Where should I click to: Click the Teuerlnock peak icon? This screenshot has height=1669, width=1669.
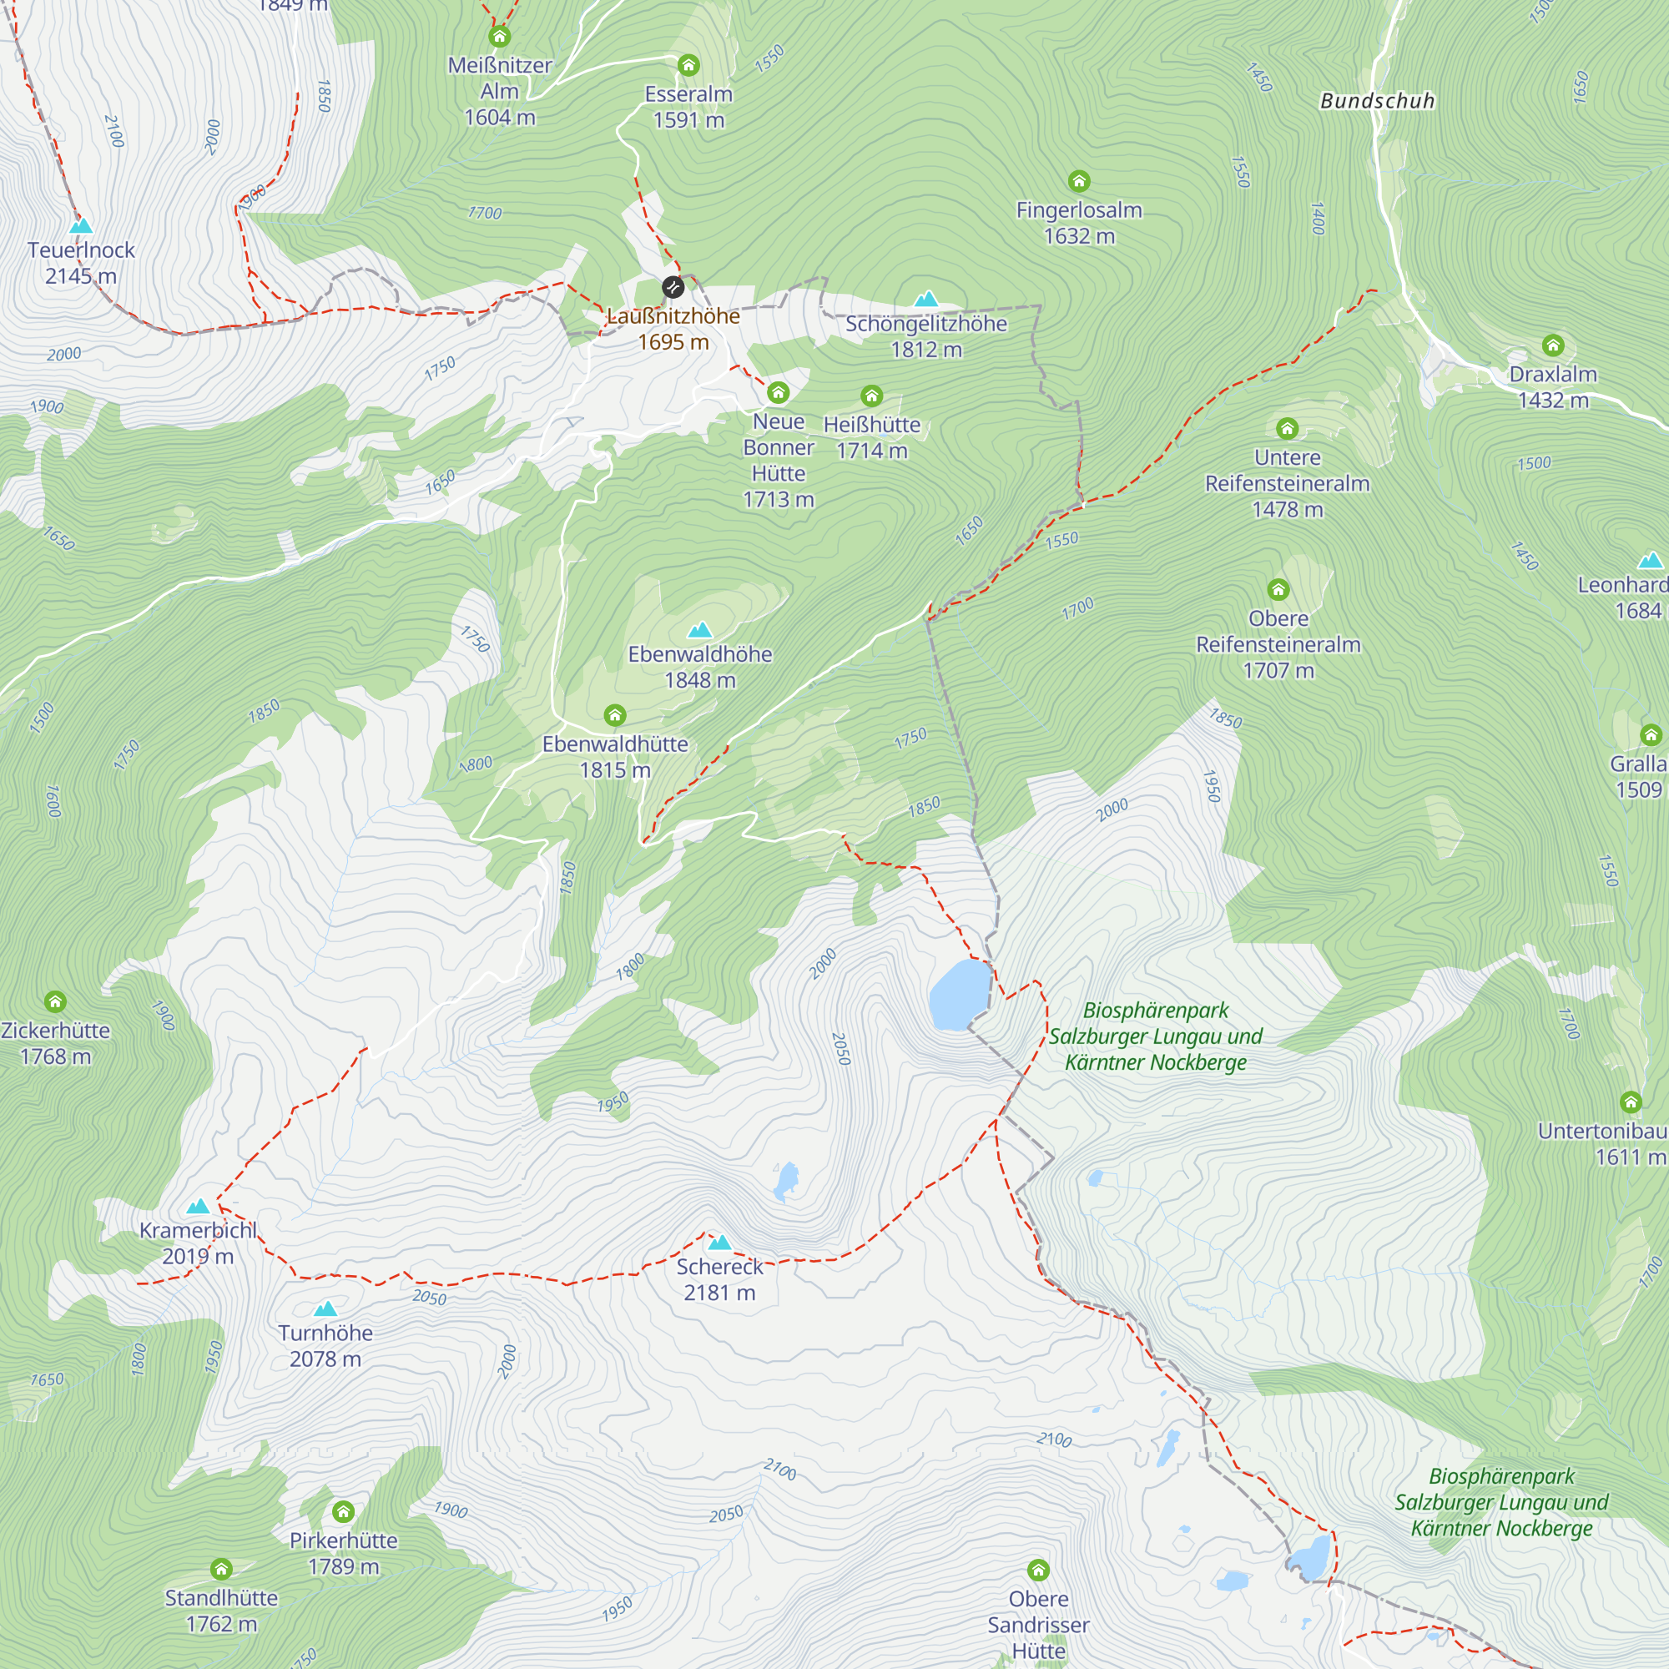81,226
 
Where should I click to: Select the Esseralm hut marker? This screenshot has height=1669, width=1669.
688,66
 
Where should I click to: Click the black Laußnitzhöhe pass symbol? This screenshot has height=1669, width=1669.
673,287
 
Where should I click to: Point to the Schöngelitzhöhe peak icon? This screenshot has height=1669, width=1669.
926,300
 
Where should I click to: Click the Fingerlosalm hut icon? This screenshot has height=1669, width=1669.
1079,181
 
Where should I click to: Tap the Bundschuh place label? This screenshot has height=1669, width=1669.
1377,101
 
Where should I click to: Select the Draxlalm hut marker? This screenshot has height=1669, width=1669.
1553,346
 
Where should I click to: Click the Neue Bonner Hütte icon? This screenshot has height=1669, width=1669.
779,394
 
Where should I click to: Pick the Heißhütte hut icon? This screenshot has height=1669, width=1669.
872,396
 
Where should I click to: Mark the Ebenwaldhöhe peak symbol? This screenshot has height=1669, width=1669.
700,631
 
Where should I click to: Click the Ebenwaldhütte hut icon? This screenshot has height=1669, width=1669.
615,715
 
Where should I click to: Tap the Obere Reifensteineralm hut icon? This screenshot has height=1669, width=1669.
1278,590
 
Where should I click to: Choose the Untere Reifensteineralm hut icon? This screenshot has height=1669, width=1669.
1287,429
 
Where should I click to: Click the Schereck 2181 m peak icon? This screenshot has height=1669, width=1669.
719,1243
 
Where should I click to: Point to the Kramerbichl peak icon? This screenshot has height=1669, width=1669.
199,1207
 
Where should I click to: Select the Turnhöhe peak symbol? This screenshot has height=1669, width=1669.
325,1309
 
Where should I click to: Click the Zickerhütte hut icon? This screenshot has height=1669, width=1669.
55,1002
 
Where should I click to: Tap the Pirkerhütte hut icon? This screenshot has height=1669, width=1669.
343,1512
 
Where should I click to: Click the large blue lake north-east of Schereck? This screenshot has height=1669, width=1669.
959,996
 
